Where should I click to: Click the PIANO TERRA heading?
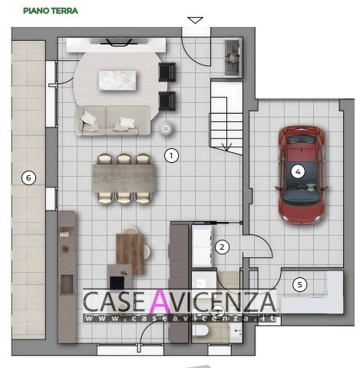51,11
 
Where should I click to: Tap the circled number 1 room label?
171,155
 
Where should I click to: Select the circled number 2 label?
222,247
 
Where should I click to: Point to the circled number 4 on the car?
298,171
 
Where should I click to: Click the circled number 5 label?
299,284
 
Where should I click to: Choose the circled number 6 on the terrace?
28,177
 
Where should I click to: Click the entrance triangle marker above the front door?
195,20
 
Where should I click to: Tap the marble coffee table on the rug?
117,80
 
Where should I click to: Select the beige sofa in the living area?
114,121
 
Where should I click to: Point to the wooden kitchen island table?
130,254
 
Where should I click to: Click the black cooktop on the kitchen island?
117,283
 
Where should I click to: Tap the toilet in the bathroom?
200,330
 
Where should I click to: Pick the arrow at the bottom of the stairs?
226,147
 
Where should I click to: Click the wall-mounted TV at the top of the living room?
116,42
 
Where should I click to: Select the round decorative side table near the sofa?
167,128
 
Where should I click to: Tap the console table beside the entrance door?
233,58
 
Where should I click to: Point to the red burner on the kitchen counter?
66,249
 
